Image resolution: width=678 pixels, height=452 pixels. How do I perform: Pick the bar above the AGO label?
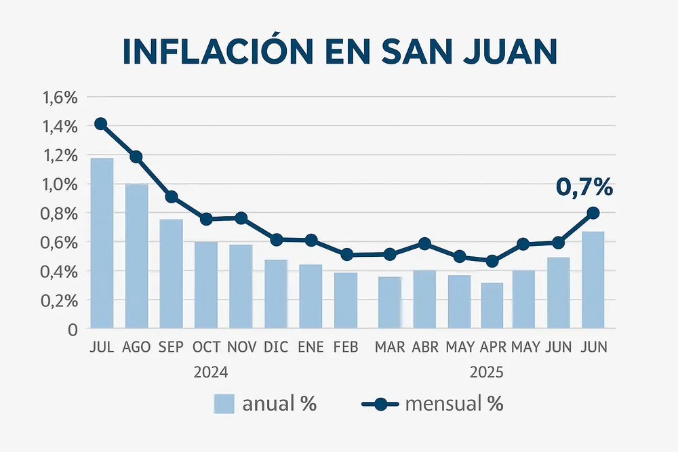tap(136, 256)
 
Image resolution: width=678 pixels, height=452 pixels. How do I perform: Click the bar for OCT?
tap(206, 285)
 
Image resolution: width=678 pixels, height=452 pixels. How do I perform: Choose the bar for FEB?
tap(346, 300)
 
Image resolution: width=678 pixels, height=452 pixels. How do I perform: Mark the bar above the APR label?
tap(492, 305)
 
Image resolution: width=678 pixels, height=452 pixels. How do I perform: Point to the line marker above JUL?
tap(101, 123)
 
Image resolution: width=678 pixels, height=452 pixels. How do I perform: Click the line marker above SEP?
tap(172, 197)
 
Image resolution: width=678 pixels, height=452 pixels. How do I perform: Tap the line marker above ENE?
tap(311, 240)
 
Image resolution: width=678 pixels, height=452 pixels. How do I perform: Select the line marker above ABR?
tap(424, 243)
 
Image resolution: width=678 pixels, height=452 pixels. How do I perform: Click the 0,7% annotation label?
tap(584, 187)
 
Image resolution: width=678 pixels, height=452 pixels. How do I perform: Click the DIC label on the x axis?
tap(276, 347)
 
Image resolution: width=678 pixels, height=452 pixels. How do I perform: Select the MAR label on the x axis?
tap(390, 347)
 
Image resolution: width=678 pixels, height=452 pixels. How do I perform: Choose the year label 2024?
tap(210, 372)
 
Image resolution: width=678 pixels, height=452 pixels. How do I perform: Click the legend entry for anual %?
tap(265, 405)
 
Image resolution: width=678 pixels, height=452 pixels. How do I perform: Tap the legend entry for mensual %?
tap(432, 405)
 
